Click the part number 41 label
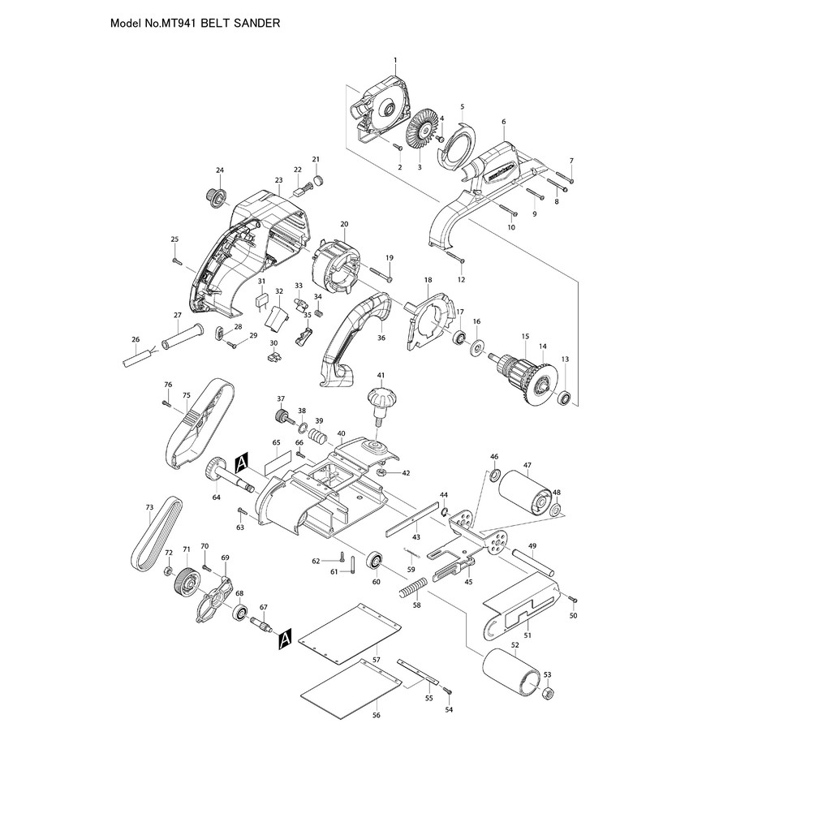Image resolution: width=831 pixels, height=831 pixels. [380, 376]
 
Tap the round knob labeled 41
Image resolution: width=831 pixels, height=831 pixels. [379, 400]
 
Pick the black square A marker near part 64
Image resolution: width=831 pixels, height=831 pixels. [241, 464]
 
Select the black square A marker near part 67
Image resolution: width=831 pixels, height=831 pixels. [284, 641]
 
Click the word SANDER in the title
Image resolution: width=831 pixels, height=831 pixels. [259, 24]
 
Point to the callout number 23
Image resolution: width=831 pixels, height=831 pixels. [278, 180]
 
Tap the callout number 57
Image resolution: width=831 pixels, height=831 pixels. [377, 661]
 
